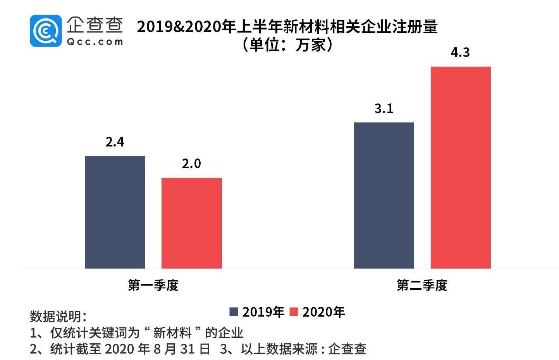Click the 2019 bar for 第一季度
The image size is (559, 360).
[x=115, y=212]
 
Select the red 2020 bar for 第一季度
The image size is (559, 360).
[x=191, y=223]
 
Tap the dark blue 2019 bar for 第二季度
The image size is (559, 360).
[x=384, y=195]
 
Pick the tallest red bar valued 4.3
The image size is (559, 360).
[x=460, y=167]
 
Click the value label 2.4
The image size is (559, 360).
[x=115, y=142]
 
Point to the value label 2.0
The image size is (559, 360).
[x=191, y=164]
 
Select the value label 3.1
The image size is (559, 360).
[x=384, y=109]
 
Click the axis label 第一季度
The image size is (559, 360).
[x=153, y=285]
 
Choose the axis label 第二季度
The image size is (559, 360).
[x=422, y=285]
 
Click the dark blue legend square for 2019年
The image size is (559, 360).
[x=234, y=312]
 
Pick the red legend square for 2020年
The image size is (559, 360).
[x=294, y=312]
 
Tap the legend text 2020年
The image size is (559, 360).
[x=323, y=312]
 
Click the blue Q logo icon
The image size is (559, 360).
[x=45, y=31]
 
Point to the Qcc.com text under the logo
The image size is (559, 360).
[x=95, y=41]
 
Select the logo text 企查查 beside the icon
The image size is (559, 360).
[x=95, y=24]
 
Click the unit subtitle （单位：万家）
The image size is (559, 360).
[x=287, y=45]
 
